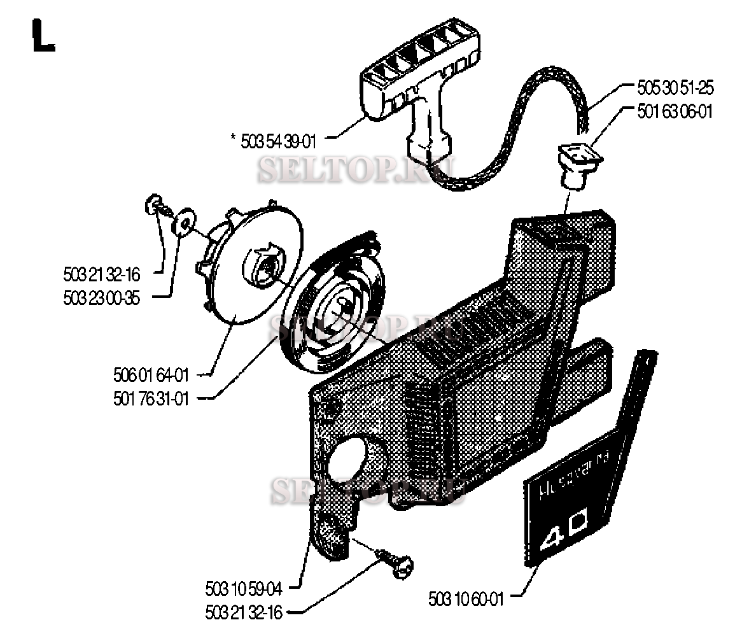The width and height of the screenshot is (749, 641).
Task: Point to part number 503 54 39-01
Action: point(278,139)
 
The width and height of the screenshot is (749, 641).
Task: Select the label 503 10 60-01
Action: point(466,599)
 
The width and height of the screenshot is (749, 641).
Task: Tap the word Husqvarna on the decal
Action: point(575,472)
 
